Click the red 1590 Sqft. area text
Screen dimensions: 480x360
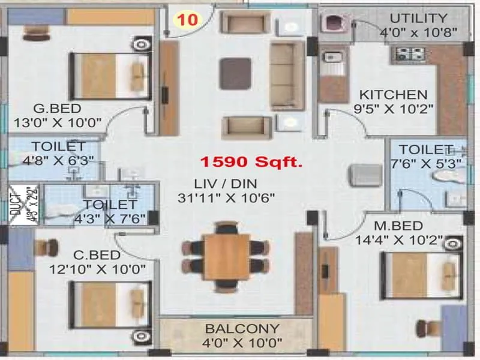(251, 161)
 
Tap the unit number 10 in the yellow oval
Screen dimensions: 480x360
(188, 20)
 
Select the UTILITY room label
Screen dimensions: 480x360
(418, 18)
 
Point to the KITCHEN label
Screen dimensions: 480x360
(393, 95)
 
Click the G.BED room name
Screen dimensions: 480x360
(57, 109)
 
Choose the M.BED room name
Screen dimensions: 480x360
(398, 226)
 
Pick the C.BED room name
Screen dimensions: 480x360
(97, 255)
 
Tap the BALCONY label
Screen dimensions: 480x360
(242, 329)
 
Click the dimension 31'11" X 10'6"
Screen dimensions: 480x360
(226, 198)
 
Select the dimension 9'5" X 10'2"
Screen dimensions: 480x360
(394, 109)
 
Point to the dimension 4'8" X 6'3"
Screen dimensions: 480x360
(58, 160)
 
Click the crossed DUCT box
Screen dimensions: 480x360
(23, 205)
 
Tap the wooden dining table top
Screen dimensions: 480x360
(227, 257)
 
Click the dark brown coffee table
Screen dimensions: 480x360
(235, 73)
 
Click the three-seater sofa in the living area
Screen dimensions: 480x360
(287, 76)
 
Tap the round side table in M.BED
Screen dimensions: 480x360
(453, 244)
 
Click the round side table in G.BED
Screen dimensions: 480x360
(141, 44)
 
